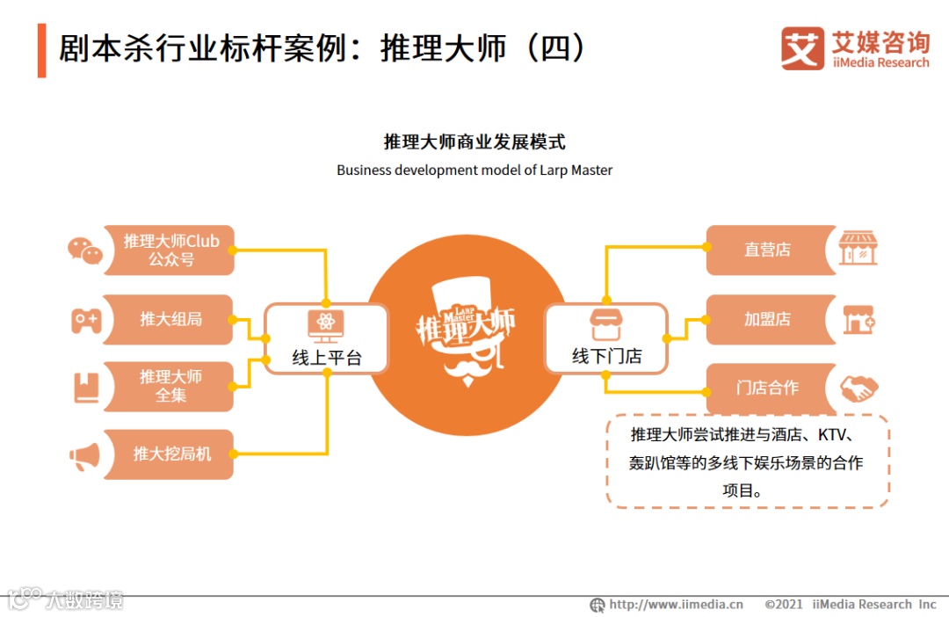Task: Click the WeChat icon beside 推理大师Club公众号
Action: click(x=85, y=250)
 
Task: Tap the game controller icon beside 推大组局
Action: click(x=86, y=321)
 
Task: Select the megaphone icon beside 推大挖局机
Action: click(x=85, y=456)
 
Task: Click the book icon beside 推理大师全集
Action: click(x=86, y=388)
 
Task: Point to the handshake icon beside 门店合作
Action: click(x=858, y=388)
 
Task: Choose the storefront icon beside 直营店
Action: click(x=858, y=250)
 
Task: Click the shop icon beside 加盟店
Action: click(x=858, y=320)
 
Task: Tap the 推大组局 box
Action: click(x=170, y=319)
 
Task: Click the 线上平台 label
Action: click(x=327, y=357)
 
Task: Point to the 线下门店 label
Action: click(x=606, y=357)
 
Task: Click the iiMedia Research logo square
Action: click(x=801, y=48)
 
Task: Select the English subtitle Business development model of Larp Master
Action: click(x=474, y=171)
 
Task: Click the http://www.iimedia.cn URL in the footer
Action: click(x=677, y=605)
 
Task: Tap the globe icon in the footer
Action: click(x=598, y=605)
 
